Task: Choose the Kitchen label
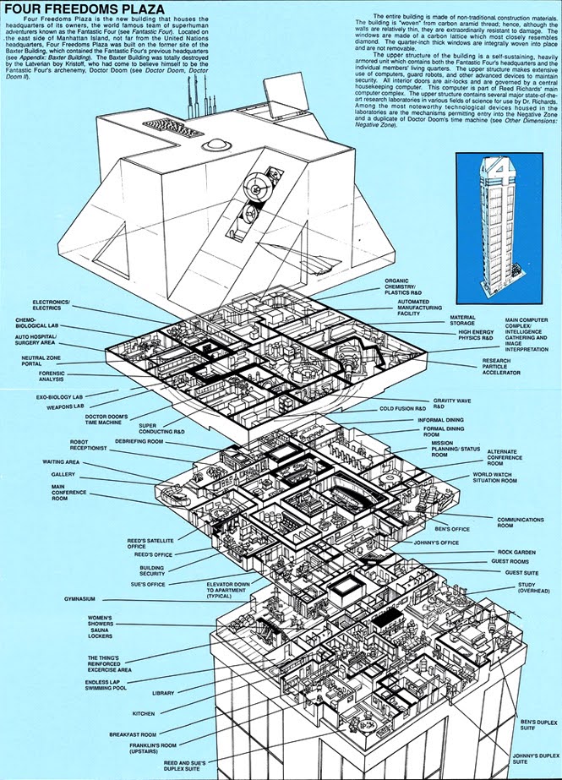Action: [x=143, y=714]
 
